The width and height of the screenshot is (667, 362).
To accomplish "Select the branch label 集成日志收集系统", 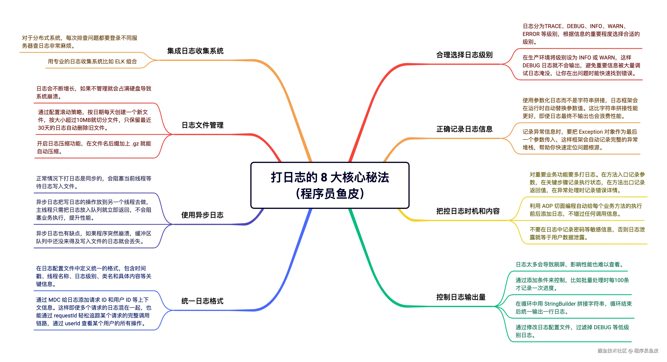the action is pyautogui.click(x=195, y=51).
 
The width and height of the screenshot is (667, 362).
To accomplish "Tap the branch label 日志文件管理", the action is pyautogui.click(x=202, y=125).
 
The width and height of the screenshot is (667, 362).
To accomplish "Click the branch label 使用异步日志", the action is pyautogui.click(x=202, y=215).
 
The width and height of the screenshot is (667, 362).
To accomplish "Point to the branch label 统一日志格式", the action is pyautogui.click(x=202, y=301).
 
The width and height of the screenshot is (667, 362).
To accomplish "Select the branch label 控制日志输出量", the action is pyautogui.click(x=461, y=297).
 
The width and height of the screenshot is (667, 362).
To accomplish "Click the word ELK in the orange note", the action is pyautogui.click(x=120, y=62).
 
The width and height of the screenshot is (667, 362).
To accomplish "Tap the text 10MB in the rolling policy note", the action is pyautogui.click(x=83, y=120).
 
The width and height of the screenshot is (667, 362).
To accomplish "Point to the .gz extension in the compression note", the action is pyautogui.click(x=135, y=144).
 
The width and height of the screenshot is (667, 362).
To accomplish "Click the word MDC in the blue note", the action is pyautogui.click(x=54, y=300).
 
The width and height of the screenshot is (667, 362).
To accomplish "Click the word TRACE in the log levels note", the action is pyautogui.click(x=553, y=26).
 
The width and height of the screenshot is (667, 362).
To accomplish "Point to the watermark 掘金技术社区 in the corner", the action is pyautogui.click(x=612, y=351).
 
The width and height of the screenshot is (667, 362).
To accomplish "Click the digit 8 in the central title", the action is pyautogui.click(x=324, y=177).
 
